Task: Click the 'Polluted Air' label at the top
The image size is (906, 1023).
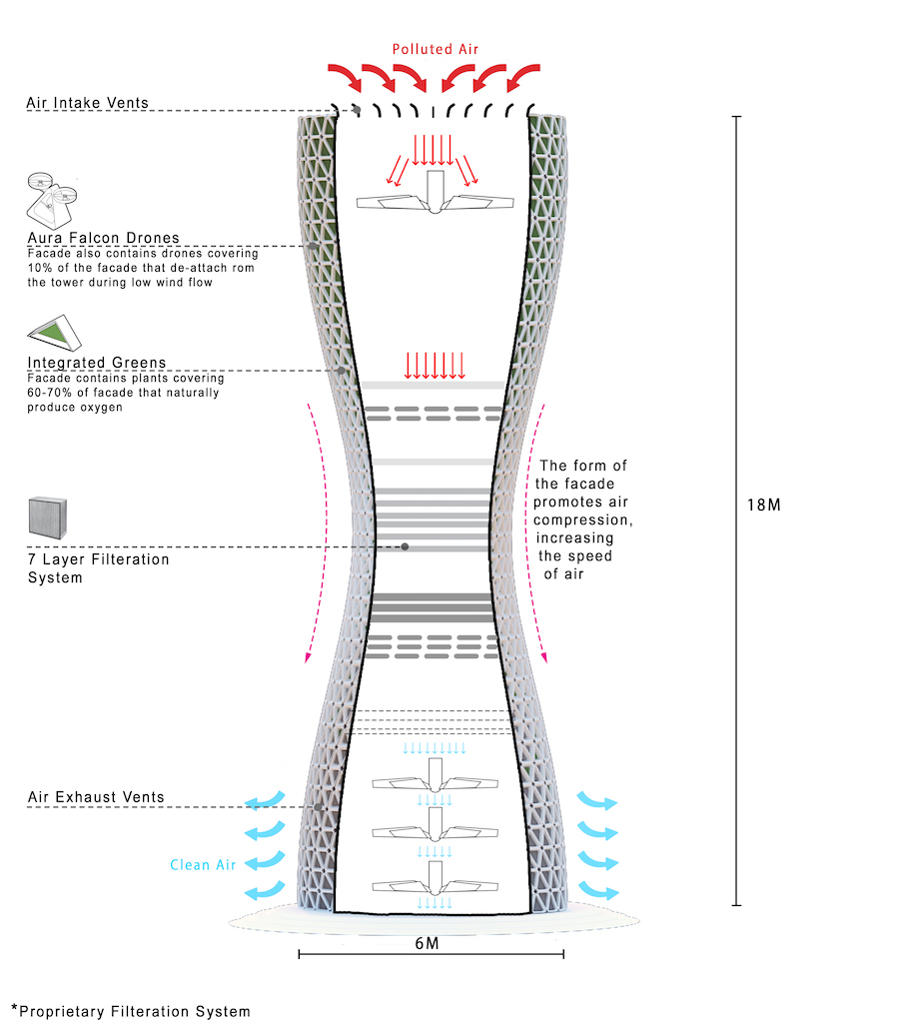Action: pos(436,49)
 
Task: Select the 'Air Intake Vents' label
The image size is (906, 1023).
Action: pos(88,103)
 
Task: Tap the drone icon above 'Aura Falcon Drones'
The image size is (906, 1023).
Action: pos(51,200)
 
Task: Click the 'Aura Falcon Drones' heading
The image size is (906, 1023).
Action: pos(103,238)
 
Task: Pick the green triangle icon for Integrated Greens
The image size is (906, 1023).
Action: pos(55,333)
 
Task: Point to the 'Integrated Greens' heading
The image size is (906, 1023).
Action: pos(97,362)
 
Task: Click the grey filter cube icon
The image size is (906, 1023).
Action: pos(48,518)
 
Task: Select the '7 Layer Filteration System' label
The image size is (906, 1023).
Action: pos(98,568)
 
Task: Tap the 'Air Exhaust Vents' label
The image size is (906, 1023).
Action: pos(96,796)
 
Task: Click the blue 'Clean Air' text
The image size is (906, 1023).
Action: pos(203,864)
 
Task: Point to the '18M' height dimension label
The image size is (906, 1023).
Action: pos(764,505)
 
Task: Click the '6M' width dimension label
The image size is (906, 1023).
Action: pos(428,943)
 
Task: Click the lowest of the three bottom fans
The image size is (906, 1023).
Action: pos(436,879)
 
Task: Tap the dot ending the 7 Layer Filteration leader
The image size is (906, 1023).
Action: pos(406,546)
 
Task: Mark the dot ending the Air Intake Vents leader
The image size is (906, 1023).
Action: pos(357,110)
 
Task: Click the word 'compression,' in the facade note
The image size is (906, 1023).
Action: pos(582,519)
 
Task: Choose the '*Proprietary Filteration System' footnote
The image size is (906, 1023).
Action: pos(131,1011)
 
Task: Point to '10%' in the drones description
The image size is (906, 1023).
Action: pos(39,268)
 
